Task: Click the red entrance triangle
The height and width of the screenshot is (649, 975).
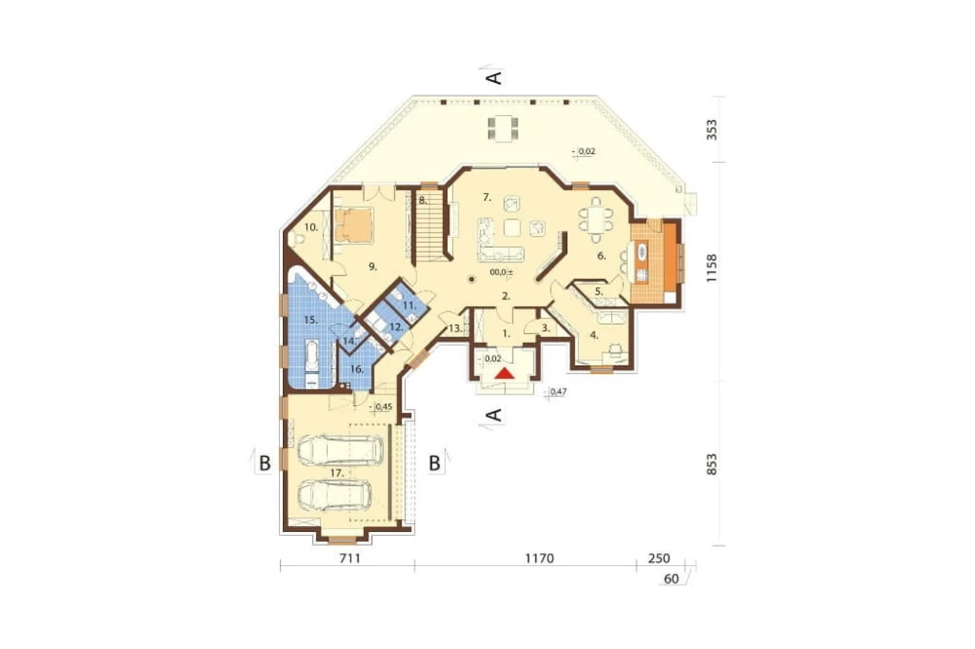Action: (505, 373)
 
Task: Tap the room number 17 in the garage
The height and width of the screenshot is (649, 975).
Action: (336, 473)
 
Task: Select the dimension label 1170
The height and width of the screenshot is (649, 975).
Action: (539, 558)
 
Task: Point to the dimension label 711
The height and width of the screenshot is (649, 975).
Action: (350, 558)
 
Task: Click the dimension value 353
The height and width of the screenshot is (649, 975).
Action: (712, 130)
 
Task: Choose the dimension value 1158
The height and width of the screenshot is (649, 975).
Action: (712, 268)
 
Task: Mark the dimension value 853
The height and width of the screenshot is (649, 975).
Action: (712, 465)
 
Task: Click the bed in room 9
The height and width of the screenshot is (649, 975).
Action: (353, 225)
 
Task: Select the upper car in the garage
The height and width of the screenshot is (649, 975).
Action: (340, 449)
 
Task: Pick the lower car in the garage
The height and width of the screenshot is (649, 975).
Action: (335, 495)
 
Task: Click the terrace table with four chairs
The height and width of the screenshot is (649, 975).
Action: (502, 129)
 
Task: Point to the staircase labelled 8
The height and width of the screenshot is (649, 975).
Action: (428, 226)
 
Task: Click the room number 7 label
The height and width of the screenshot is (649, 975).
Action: (487, 198)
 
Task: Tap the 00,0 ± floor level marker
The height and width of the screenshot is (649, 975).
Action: (501, 272)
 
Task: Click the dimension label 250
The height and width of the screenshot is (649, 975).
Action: (659, 558)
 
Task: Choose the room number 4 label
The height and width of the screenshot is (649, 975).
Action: (593, 335)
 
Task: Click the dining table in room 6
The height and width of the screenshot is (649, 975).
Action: (596, 219)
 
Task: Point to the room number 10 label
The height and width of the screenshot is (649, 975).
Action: (311, 227)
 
